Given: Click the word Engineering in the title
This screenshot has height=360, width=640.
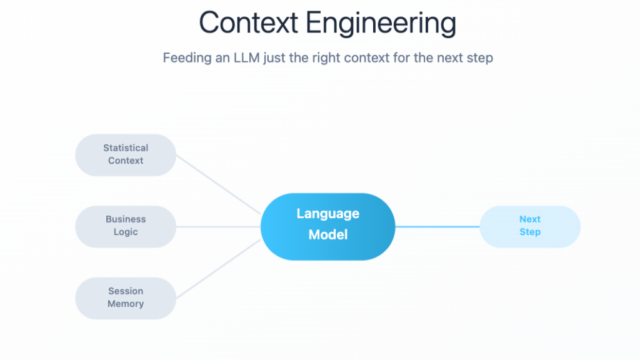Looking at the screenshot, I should click(381, 24).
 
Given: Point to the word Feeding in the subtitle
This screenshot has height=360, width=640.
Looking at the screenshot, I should click(186, 58).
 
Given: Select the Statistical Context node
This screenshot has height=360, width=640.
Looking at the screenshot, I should click(126, 154).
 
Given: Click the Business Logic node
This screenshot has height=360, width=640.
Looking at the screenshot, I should click(126, 226).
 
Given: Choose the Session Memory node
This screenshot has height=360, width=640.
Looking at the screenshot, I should click(126, 298).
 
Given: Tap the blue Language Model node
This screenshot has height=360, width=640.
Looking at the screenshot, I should click(328, 226).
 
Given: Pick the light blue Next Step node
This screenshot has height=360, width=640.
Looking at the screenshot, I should click(530, 226).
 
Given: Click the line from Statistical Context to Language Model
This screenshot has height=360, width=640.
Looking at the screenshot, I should click(219, 185).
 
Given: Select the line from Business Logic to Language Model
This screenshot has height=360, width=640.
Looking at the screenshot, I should click(219, 226).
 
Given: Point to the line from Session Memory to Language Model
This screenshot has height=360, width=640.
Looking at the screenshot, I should click(219, 268).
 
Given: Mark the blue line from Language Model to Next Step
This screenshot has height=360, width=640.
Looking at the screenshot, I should click(437, 226).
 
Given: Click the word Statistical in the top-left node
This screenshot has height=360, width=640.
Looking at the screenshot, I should click(126, 148).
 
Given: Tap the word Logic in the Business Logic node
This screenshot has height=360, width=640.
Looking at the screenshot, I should click(126, 232).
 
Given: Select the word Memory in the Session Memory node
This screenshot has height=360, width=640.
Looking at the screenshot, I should click(126, 304).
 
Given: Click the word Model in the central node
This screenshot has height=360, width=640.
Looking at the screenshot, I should click(328, 235).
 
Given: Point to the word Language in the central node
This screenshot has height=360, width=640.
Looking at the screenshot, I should click(328, 214).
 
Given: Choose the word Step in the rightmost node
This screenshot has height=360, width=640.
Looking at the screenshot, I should click(530, 232).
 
